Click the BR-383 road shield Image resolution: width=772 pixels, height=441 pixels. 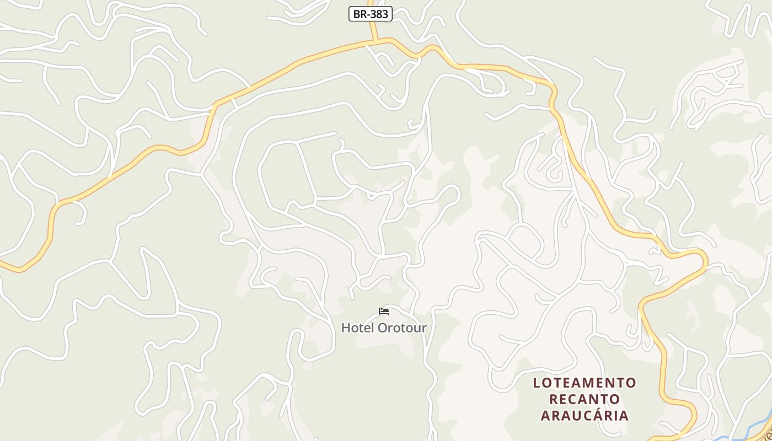pos(370,14)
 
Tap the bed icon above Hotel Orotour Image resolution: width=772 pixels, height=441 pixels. pos(384,311)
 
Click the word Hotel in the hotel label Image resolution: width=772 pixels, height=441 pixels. pos(354,327)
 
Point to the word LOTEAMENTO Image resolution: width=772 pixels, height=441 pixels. pos(585,383)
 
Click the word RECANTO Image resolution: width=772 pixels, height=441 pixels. pos(585,399)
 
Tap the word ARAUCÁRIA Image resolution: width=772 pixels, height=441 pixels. pos(585,415)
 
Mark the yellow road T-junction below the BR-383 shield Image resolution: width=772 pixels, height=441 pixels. pos(375,40)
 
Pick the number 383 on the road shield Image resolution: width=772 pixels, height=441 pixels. pos(379,14)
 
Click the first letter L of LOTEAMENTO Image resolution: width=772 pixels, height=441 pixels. pos(537,383)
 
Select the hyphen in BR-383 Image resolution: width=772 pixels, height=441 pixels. pos(367,14)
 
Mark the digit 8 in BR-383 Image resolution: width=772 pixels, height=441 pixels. pos(379,14)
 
